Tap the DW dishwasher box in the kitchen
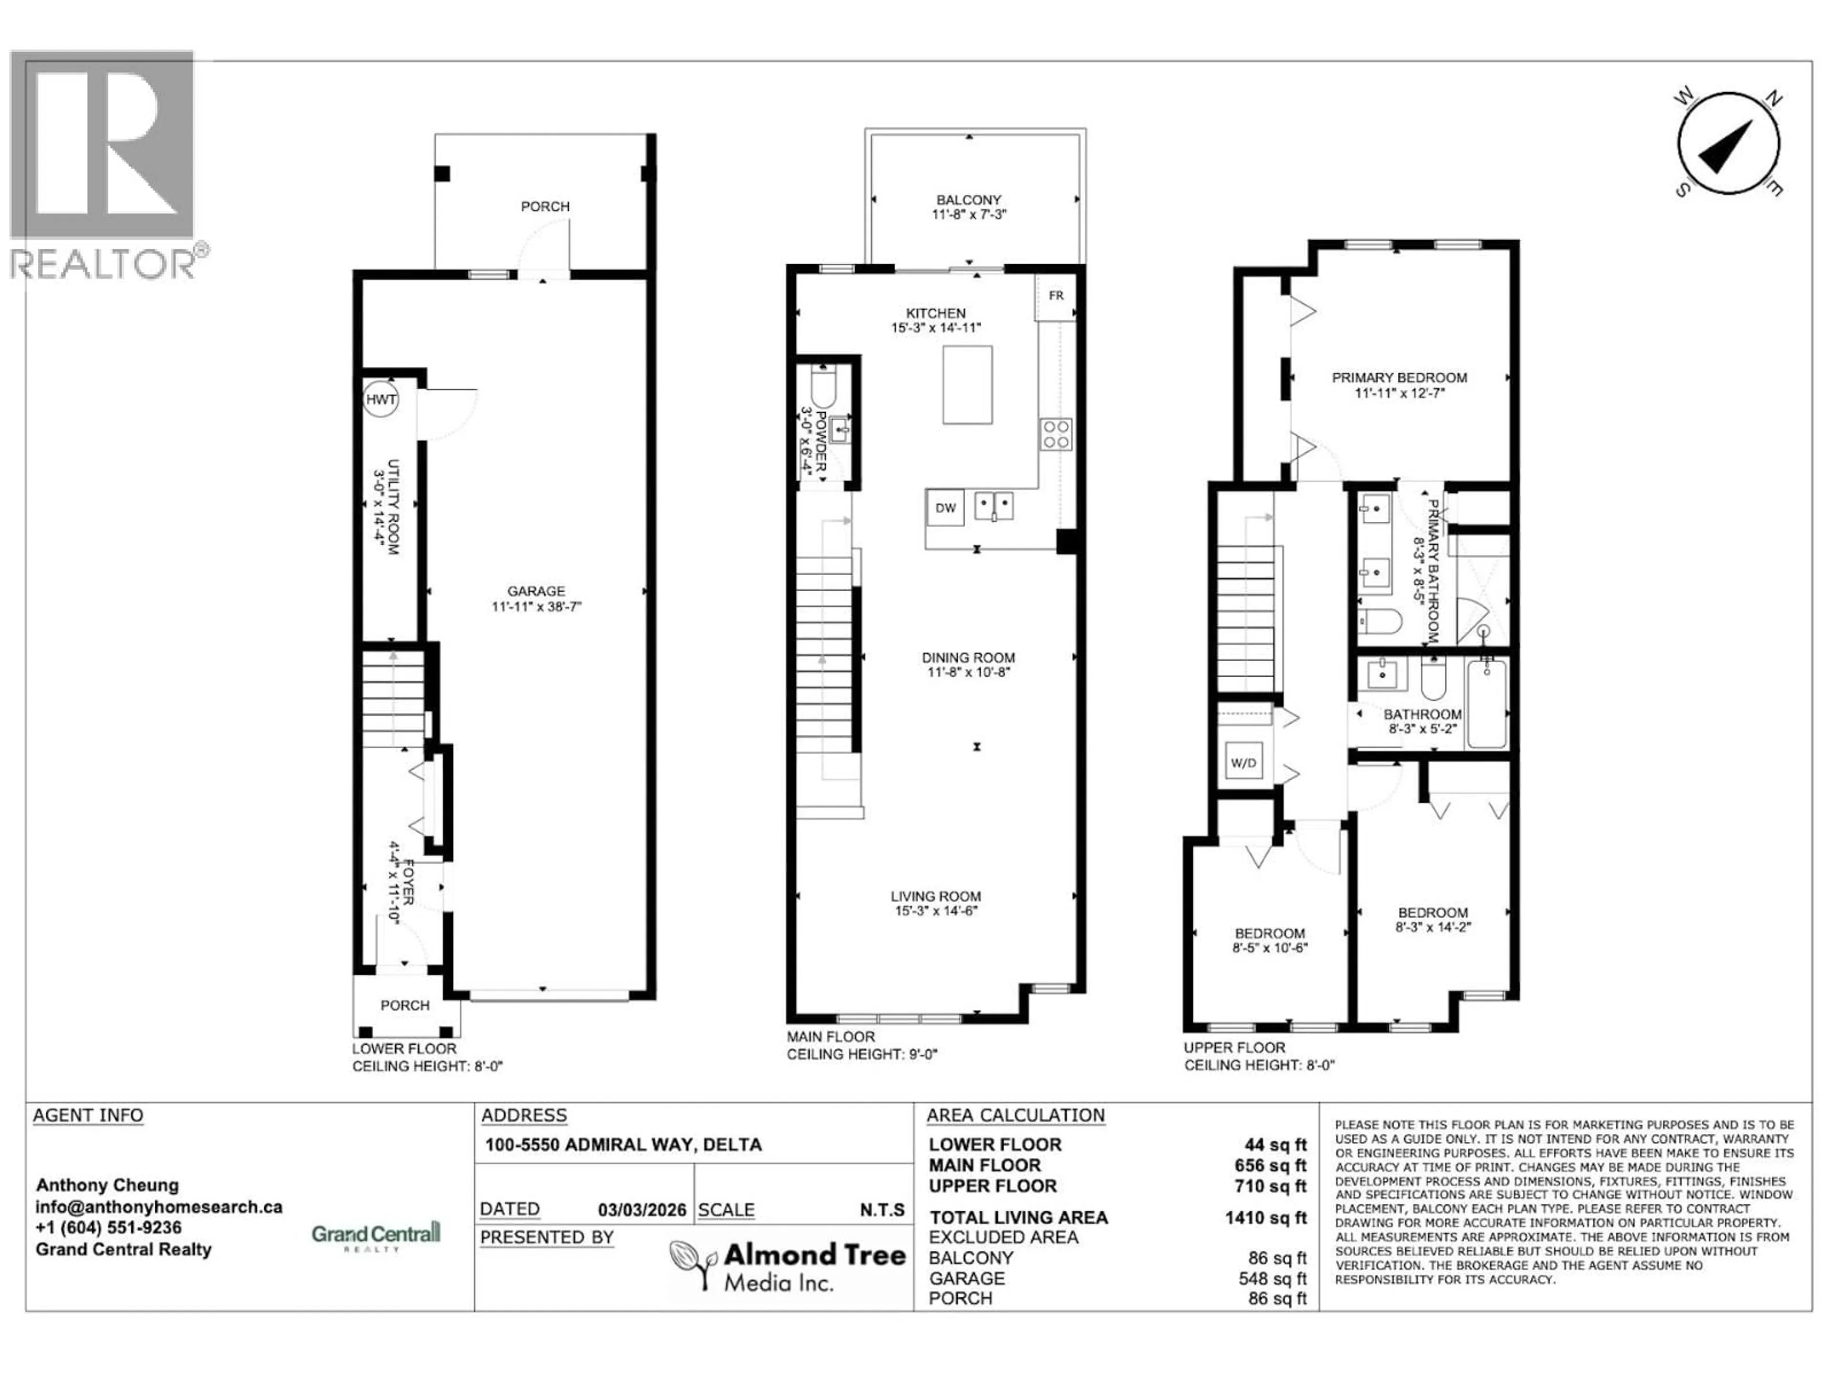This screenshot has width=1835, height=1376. [945, 508]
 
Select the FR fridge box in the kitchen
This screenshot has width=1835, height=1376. [1055, 296]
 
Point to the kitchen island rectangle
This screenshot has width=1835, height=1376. [967, 385]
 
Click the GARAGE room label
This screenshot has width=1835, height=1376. [536, 591]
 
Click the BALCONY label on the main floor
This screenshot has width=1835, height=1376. [968, 200]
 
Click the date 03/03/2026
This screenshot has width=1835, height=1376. [642, 1210]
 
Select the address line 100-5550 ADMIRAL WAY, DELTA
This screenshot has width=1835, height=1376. [623, 1145]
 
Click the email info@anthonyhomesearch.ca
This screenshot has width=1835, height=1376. [159, 1207]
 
